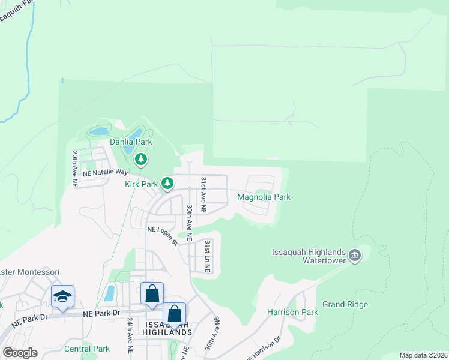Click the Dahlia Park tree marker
pyautogui.click(x=140, y=159)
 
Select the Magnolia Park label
pyautogui.click(x=264, y=197)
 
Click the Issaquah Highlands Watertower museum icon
pyautogui.click(x=355, y=256)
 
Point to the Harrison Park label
pyautogui.click(x=292, y=312)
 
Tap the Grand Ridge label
pyautogui.click(x=345, y=305)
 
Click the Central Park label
pyautogui.click(x=87, y=349)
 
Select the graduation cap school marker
pyautogui.click(x=62, y=296)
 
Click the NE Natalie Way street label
pyautogui.click(x=106, y=172)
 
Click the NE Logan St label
pyautogui.click(x=163, y=235)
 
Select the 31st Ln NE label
pyautogui.click(x=207, y=257)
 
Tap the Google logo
pyautogui.click(x=20, y=353)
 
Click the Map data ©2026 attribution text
pyautogui.click(x=424, y=355)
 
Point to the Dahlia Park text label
pyautogui.click(x=131, y=142)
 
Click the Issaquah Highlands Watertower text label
pyautogui.click(x=309, y=256)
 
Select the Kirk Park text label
pyautogui.click(x=140, y=185)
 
